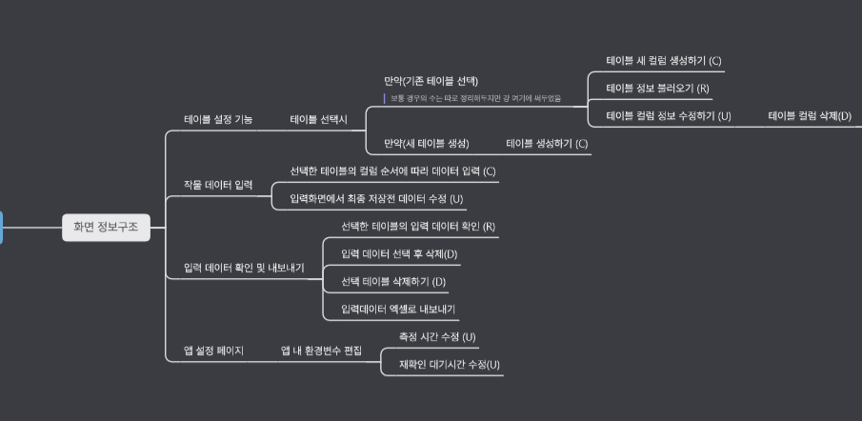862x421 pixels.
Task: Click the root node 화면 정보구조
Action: [106, 227]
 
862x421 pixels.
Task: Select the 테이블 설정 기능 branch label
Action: [218, 120]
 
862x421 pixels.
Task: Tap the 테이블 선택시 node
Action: [319, 120]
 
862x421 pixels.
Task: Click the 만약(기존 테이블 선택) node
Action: [431, 81]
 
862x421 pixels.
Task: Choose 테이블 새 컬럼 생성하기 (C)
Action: [664, 61]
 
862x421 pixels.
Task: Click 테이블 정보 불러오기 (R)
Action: [658, 89]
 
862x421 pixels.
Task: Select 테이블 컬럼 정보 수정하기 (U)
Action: [669, 116]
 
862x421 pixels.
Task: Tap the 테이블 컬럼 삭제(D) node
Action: [810, 116]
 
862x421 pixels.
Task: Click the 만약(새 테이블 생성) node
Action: [427, 144]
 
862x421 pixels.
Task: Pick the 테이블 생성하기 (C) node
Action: [548, 144]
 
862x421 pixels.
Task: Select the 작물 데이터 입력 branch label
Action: [218, 185]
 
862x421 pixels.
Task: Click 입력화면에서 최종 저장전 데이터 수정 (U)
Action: [376, 199]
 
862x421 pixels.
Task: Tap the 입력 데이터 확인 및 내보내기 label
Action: [244, 269]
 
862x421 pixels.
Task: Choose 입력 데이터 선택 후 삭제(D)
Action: [399, 254]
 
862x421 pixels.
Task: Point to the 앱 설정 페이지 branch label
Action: [213, 351]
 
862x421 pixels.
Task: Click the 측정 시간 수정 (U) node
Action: [437, 337]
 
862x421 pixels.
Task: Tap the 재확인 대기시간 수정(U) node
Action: [442, 365]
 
